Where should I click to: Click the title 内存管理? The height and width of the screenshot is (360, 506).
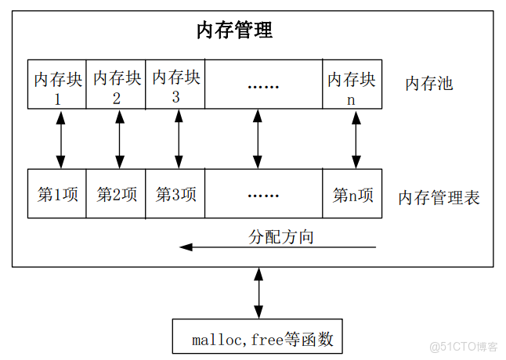tap(234, 31)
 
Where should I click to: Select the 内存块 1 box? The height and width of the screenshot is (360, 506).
tap(56, 85)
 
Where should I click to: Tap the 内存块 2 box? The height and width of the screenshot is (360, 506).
tap(117, 85)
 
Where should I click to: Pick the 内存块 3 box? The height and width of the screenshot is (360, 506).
tap(175, 85)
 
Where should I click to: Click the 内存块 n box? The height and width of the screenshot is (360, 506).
tap(352, 85)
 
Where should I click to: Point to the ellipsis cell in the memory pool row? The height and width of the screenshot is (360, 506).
tap(264, 85)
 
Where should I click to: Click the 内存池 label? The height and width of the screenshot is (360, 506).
tap(428, 84)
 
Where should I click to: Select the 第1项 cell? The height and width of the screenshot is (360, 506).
tap(56, 194)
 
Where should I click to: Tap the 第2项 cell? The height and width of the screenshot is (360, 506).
tap(117, 194)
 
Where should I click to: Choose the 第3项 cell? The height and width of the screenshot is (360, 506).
tap(175, 194)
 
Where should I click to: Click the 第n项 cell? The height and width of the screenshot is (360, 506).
tap(352, 194)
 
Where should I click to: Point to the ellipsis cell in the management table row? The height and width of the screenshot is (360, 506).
tap(264, 194)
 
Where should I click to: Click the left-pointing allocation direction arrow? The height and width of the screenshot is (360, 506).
tap(278, 248)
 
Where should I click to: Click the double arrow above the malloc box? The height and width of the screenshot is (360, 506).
tap(258, 293)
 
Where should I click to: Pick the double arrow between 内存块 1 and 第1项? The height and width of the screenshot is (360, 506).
tap(60, 139)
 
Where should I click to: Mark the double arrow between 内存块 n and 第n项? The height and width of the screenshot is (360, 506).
tap(356, 139)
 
